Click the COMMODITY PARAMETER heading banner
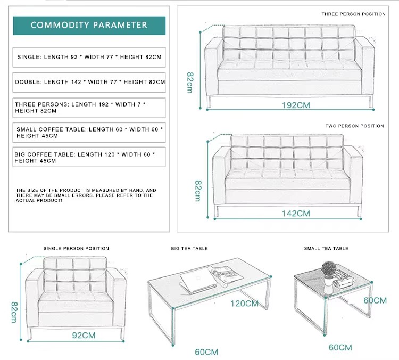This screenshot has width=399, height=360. (x=89, y=26)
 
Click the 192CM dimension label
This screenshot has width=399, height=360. (x=296, y=105)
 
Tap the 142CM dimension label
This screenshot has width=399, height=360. (x=296, y=214)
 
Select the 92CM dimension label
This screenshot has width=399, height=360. (x=84, y=336)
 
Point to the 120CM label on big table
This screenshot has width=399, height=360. (x=244, y=304)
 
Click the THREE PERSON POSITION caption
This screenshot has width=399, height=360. (x=353, y=14)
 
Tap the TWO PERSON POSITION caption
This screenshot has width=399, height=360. (x=354, y=126)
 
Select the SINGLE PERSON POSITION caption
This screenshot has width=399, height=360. (x=76, y=248)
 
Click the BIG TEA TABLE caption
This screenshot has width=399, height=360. (x=189, y=248)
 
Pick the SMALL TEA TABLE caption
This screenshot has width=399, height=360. (x=326, y=248)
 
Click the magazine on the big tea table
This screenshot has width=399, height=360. (x=225, y=275)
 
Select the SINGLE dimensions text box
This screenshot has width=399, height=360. (x=89, y=57)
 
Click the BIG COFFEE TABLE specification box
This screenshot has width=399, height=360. (x=89, y=157)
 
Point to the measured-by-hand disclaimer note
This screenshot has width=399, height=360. (x=86, y=195)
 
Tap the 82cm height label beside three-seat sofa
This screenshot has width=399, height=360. (x=190, y=83)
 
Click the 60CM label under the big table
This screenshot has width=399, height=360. (x=206, y=352)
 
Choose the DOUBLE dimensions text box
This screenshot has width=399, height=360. (x=89, y=83)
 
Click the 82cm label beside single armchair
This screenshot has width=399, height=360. (x=14, y=313)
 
